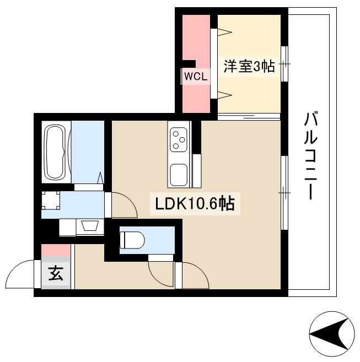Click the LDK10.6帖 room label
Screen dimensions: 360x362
pyautogui.click(x=195, y=204)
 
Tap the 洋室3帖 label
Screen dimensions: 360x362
pyautogui.click(x=249, y=67)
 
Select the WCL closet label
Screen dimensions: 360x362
pyautogui.click(x=196, y=77)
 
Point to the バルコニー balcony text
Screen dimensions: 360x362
pyautogui.click(x=311, y=155)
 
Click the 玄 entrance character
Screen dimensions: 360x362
pyautogui.click(x=56, y=273)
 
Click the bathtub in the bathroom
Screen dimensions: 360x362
pyautogui.click(x=56, y=152)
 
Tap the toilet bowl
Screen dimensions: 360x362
pyautogui.click(x=132, y=240)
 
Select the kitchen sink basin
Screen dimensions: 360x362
pyautogui.click(x=179, y=175)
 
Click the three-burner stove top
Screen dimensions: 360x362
pyautogui.click(x=179, y=140)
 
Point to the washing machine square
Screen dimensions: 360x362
pyautogui.click(x=51, y=200)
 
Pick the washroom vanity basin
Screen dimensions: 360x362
pyautogui.click(x=90, y=225)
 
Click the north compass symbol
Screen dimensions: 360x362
pyautogui.click(x=331, y=334)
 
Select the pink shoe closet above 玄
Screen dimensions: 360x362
pyautogui.click(x=56, y=250)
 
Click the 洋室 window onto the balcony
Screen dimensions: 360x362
pyautogui.click(x=284, y=64)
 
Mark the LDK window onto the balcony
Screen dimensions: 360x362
pyautogui.click(x=284, y=193)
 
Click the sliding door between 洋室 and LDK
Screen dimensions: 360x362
pyautogui.click(x=249, y=117)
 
